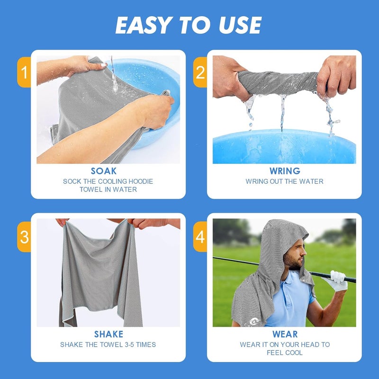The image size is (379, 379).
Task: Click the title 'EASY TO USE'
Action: coord(188,25)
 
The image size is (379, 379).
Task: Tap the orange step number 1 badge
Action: coord(24,72)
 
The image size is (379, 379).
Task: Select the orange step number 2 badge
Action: coord(200,72)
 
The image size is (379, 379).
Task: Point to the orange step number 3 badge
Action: coord(24,236)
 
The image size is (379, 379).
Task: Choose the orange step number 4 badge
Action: coord(200,236)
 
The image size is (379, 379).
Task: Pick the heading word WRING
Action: coord(284,171)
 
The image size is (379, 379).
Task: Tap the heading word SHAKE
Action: coord(108,334)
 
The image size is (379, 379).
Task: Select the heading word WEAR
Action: coord(284,334)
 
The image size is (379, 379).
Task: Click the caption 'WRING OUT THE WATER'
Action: coord(284,181)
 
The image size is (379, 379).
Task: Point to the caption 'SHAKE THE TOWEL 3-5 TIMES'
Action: coord(108,345)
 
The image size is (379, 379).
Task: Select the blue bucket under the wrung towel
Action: coord(284,147)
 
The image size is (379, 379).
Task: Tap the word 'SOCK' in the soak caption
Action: coord(72,181)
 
